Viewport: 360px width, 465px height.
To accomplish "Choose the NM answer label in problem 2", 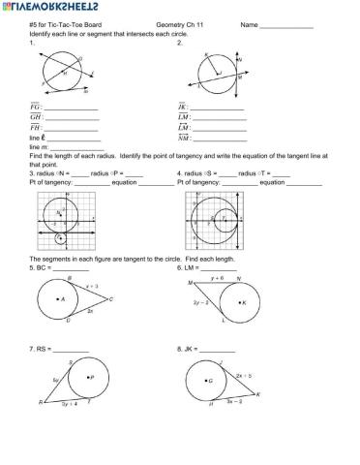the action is [x=185, y=138].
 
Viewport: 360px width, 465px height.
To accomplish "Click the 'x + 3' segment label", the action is [x=93, y=287].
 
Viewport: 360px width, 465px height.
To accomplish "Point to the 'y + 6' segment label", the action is [x=218, y=278].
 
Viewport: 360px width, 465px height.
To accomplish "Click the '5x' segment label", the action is [x=56, y=381].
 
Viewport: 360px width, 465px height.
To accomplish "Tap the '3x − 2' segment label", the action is [x=235, y=402].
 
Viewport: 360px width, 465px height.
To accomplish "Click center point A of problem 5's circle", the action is [x=60, y=300].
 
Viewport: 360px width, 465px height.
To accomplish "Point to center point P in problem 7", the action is [x=86, y=377].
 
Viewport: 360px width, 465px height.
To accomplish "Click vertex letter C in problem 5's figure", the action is [x=110, y=299].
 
